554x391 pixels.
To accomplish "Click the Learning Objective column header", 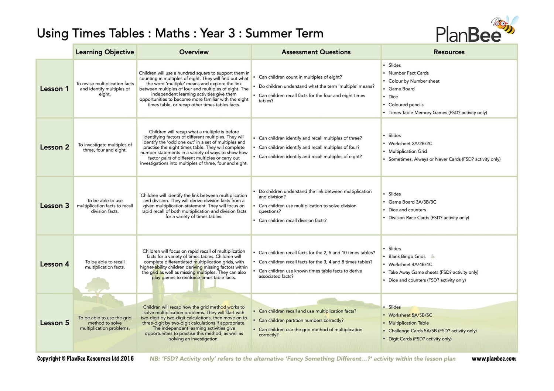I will pyautogui.click(x=105, y=52).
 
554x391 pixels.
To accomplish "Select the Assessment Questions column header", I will pyautogui.click(x=316, y=52).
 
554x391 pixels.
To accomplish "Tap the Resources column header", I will pyautogui.click(x=449, y=52).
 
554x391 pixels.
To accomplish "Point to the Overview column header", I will pyautogui.click(x=194, y=52).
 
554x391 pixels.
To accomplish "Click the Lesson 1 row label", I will pyautogui.click(x=54, y=89).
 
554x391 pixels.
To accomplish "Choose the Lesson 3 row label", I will pyautogui.click(x=54, y=206).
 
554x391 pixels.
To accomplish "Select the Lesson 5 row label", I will pyautogui.click(x=54, y=323).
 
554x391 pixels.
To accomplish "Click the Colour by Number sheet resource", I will pyautogui.click(x=414, y=81).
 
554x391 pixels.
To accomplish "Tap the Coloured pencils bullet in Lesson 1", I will pyautogui.click(x=406, y=105).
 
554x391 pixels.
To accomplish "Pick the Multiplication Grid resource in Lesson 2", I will pyautogui.click(x=407, y=151).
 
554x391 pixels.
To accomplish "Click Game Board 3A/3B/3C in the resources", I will pyautogui.click(x=412, y=202).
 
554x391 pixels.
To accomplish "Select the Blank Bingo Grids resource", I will pyautogui.click(x=407, y=256).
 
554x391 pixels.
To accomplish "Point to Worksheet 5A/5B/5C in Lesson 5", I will pyautogui.click(x=410, y=315).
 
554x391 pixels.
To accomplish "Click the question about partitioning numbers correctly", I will pyautogui.click(x=301, y=321).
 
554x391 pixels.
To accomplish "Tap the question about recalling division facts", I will pyautogui.click(x=293, y=221).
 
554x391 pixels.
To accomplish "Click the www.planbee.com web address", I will pyautogui.click(x=493, y=359).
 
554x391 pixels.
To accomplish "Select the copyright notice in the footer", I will pyautogui.click(x=85, y=359).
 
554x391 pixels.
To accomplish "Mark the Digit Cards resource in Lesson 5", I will pyautogui.click(x=420, y=339).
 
